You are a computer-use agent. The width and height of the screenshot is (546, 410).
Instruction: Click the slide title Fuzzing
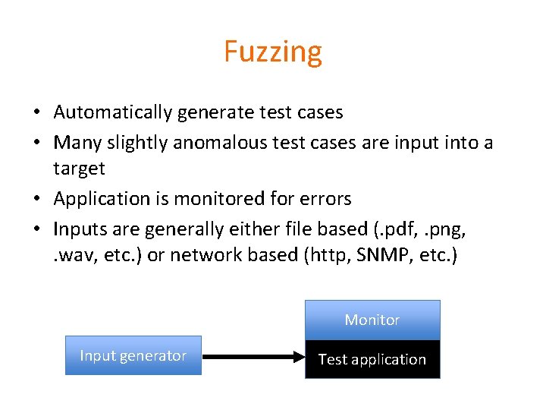[x=273, y=52]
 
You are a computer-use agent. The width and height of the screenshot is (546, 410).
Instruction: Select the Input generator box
[x=133, y=355]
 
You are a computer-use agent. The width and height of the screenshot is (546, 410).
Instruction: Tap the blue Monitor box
[x=372, y=320]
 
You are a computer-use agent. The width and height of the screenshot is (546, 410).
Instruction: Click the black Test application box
[x=372, y=359]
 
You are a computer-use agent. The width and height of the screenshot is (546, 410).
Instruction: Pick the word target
[x=79, y=168]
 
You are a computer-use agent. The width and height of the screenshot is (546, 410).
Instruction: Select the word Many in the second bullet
[x=73, y=142]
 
